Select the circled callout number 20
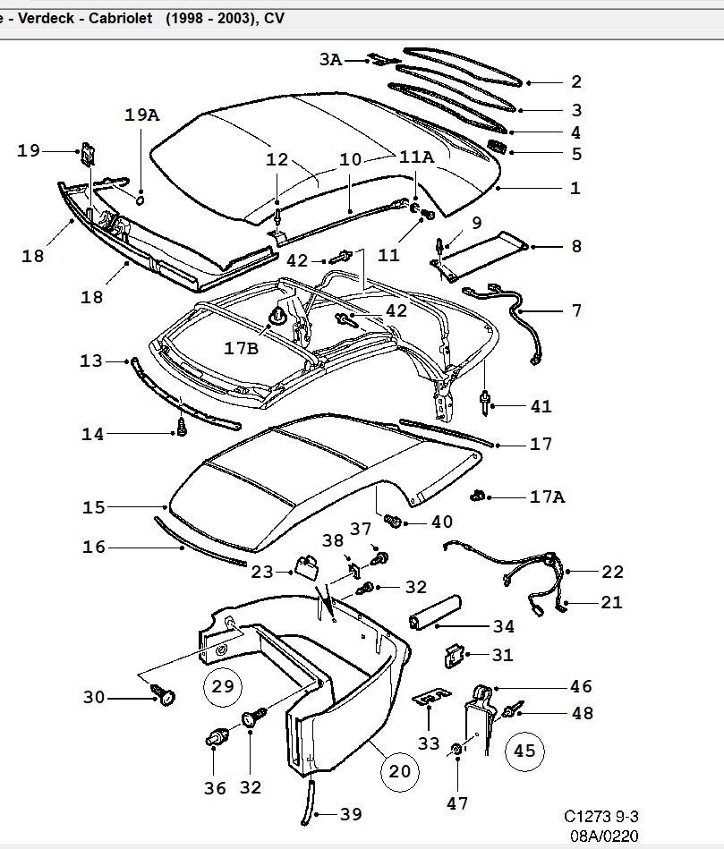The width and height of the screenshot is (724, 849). [399, 770]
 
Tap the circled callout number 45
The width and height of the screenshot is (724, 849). [524, 751]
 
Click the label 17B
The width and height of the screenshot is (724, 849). [241, 348]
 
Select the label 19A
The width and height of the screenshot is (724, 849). [141, 115]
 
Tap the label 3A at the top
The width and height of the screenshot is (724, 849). [331, 60]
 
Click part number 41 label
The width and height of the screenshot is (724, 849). [541, 406]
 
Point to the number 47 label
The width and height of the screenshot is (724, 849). [457, 803]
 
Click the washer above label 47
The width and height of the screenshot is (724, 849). [456, 748]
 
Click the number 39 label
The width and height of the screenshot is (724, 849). [351, 814]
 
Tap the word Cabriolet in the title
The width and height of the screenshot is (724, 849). [121, 16]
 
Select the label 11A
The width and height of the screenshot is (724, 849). [416, 157]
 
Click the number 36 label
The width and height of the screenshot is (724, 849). [214, 787]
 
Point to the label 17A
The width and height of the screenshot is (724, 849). [547, 496]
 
